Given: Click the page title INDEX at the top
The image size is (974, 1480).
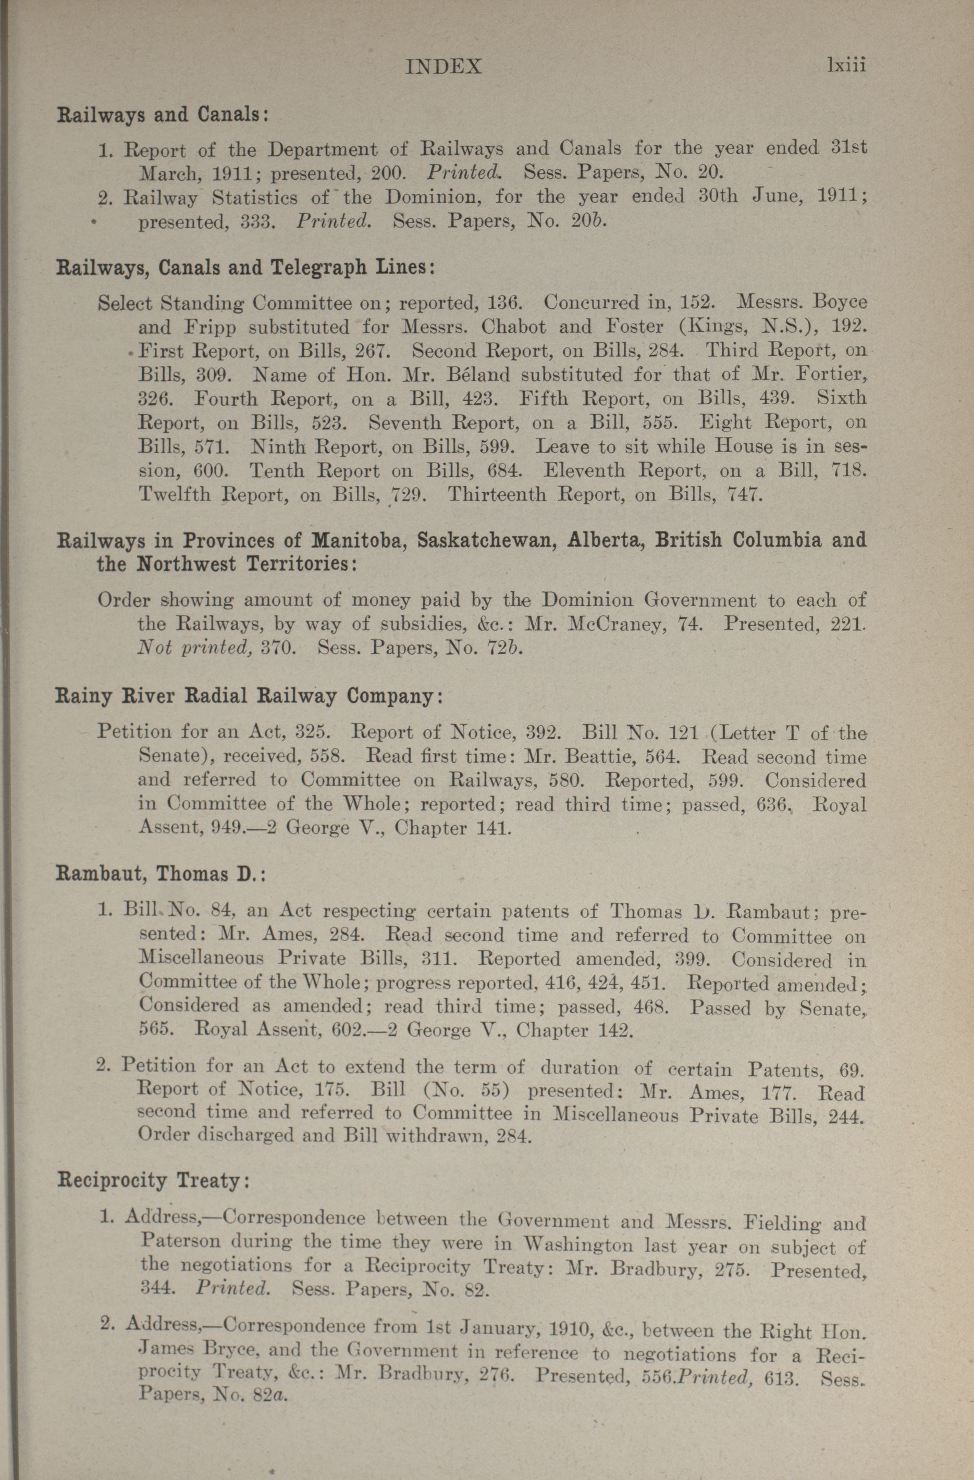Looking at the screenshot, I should click(x=443, y=67).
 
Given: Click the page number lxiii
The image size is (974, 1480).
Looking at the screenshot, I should click(x=846, y=65).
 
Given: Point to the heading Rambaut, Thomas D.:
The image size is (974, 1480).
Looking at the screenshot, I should click(x=161, y=874).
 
